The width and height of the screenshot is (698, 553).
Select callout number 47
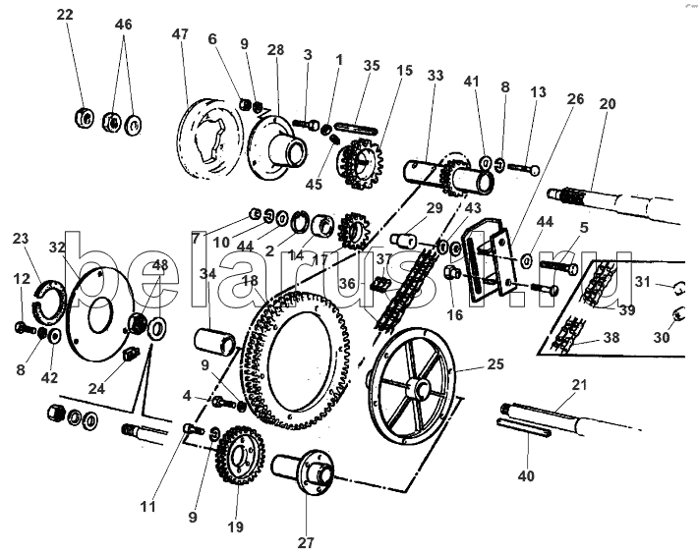180,34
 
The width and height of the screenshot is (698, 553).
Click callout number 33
436,76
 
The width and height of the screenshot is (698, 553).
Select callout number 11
147,507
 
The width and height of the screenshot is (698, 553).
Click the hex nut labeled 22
84,118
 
